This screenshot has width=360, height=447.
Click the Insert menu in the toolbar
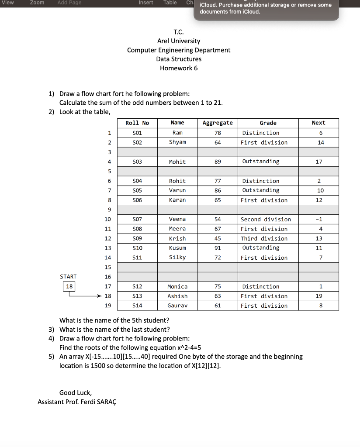tap(145, 3)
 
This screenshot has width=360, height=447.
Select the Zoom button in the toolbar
tap(37, 3)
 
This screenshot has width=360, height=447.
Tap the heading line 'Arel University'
tap(179, 41)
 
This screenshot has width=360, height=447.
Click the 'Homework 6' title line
tap(179, 68)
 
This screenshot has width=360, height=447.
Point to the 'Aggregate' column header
tap(218, 123)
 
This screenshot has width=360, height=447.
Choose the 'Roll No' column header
tap(137, 123)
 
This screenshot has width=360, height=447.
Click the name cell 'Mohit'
tap(177, 162)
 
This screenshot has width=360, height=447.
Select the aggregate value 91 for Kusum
tap(218, 248)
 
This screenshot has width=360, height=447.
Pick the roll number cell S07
tap(137, 219)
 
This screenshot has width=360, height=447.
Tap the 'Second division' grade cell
tap(266, 219)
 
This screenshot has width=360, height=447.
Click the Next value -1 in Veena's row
tap(319, 219)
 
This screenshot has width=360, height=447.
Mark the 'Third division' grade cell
tap(264, 238)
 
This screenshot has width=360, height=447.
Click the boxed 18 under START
tap(69, 286)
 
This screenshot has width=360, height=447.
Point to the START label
tap(68, 277)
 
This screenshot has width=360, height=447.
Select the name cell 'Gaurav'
tap(177, 306)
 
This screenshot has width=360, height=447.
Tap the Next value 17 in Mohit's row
tap(319, 162)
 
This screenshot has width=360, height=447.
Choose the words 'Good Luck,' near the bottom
tap(76, 392)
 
